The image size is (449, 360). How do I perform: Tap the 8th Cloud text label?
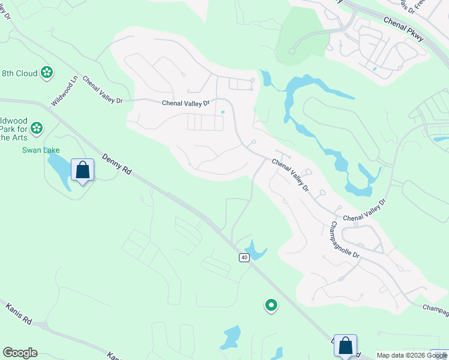(x=19, y=74)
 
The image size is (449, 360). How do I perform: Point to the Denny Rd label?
(x=116, y=164)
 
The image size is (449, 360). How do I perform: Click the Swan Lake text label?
(x=41, y=150)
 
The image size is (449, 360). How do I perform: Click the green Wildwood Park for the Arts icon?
(x=37, y=127)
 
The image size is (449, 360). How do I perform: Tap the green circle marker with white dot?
(x=271, y=306)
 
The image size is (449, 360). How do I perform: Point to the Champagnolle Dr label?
(x=344, y=241)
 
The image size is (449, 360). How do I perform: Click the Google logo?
(x=20, y=353)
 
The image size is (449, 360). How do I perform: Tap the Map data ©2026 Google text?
(x=412, y=355)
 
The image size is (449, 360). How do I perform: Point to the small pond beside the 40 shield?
(x=255, y=250)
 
